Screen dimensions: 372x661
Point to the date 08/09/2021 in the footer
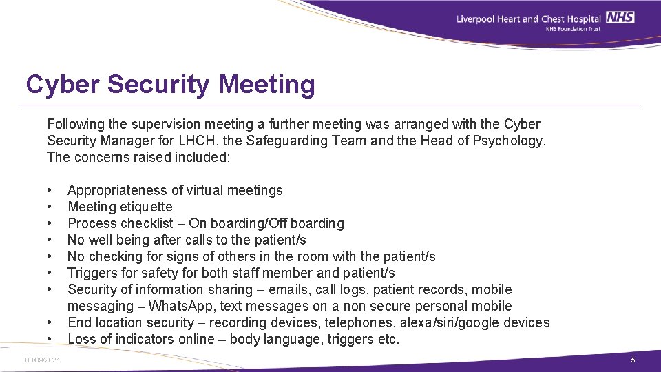43,360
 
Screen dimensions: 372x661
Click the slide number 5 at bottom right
633,360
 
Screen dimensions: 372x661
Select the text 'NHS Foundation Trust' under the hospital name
573,29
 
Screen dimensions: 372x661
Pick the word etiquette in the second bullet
146,207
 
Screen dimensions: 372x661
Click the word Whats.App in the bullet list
182,306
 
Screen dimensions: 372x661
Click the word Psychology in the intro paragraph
510,141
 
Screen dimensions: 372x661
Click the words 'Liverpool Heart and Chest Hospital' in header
529,18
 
